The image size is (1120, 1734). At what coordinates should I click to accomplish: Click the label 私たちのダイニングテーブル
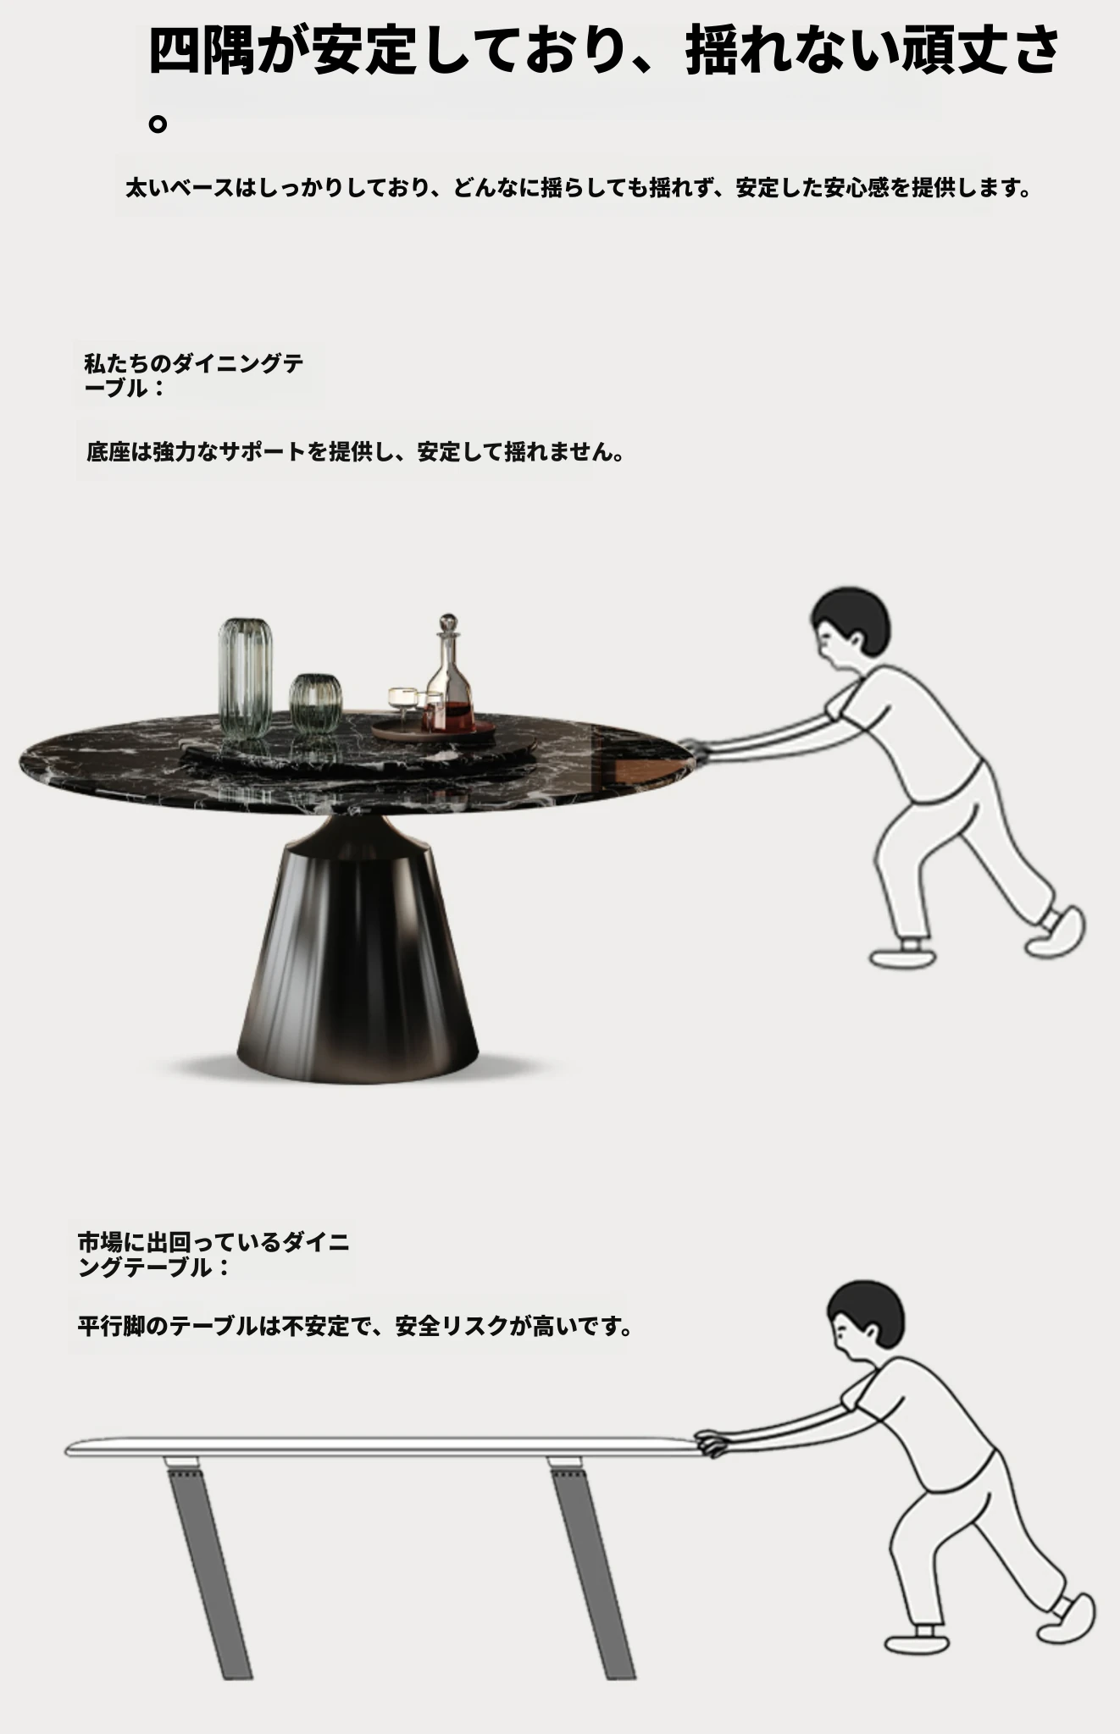click(194, 376)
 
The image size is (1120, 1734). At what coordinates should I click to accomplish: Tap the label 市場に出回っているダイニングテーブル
click(213, 1255)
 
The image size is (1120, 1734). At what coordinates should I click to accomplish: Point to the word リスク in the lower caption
click(473, 1326)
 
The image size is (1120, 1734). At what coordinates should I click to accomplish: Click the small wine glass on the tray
click(400, 703)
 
